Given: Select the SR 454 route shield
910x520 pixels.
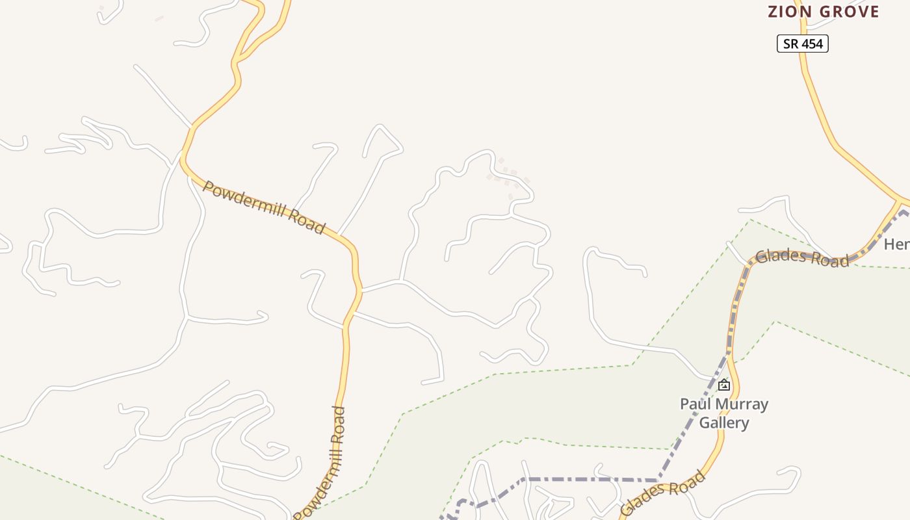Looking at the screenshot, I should pos(803,44).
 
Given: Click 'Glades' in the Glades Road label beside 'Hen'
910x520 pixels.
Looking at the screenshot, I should pos(781,255).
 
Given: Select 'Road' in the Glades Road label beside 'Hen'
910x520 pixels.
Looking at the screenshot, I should pos(829,260).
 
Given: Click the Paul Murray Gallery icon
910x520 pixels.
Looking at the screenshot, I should pos(723,385).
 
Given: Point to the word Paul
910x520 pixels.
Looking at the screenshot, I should pos(694,404).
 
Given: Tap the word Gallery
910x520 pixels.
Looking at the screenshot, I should pos(724,422).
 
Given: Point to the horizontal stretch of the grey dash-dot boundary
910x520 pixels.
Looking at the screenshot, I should pos(585,479).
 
